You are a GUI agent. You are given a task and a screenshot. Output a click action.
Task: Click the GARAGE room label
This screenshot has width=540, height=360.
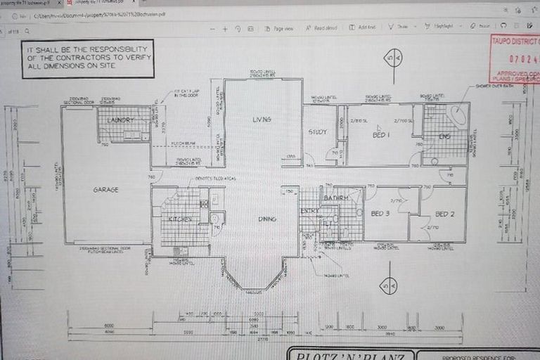tap(106, 190)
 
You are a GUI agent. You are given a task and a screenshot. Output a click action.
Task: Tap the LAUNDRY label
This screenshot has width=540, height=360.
tap(120, 120)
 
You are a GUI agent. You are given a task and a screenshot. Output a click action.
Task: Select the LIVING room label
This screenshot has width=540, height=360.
tap(262, 120)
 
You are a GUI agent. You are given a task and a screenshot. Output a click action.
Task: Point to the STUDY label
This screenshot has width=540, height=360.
tap(318, 132)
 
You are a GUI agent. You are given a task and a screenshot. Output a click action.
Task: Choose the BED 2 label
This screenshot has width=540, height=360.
tap(444, 214)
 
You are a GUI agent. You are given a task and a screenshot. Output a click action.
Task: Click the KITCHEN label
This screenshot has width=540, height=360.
tap(180, 219)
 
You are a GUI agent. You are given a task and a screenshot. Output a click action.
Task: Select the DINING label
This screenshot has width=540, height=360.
tap(266, 219)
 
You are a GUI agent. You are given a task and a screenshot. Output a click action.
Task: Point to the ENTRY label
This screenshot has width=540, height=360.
tap(308, 210)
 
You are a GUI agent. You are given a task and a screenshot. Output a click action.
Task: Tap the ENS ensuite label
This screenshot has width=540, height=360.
tap(444, 136)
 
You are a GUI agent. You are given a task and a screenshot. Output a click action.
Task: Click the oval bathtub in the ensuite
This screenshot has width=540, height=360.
tap(457, 116)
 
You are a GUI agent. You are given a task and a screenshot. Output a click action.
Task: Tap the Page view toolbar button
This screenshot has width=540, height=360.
tap(279, 27)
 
